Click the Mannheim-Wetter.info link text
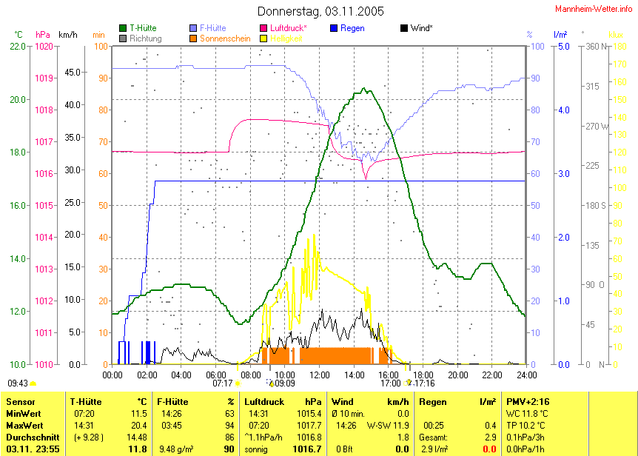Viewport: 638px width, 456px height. point(594,7)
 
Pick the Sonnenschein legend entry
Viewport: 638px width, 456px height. point(225,38)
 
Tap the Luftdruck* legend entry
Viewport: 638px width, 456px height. point(289,28)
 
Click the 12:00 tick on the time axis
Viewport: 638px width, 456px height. point(319,375)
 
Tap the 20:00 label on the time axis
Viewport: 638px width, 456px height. point(457,375)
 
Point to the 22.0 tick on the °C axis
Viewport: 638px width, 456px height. point(16,46)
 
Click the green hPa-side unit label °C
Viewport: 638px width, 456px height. point(18,34)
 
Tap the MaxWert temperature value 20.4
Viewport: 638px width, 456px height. point(138,426)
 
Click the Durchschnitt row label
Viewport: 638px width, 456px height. point(29,437)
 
